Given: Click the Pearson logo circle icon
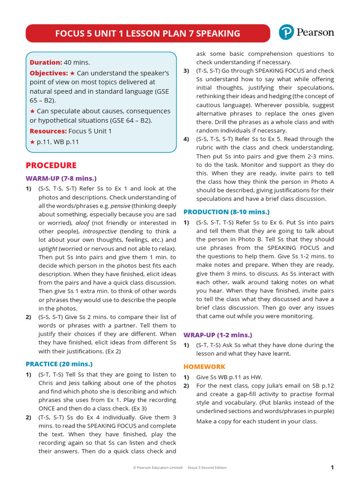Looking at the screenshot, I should click(x=286, y=32).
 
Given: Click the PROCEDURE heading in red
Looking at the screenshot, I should click(x=51, y=165).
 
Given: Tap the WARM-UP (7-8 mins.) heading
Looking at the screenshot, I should click(x=61, y=178).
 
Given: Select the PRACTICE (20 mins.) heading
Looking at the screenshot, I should click(x=59, y=364).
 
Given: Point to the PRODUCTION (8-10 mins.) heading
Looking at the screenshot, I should click(x=226, y=212).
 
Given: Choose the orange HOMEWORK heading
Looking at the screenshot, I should click(x=204, y=367).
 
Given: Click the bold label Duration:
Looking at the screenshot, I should click(x=46, y=62).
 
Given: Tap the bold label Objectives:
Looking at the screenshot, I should click(x=49, y=73).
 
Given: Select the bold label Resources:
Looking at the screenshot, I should click(x=48, y=131).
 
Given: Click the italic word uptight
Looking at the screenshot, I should click(x=48, y=248).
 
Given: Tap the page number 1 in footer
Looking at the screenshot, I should click(x=332, y=467).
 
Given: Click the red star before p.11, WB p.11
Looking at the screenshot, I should click(x=32, y=142).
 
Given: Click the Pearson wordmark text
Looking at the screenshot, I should click(x=315, y=32).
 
